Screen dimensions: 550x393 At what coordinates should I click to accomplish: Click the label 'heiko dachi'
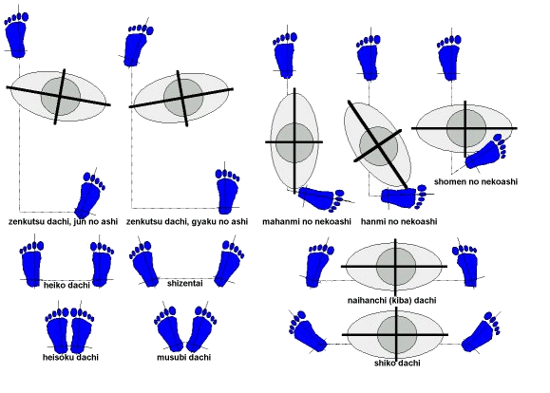[x=66, y=285]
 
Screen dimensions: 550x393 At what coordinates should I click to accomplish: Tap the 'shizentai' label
[x=185, y=283]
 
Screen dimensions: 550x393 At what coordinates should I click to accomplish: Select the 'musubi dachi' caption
[x=183, y=357]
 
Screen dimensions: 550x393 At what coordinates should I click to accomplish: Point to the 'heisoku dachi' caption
[x=70, y=357]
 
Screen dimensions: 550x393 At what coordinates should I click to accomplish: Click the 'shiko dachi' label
[x=397, y=363]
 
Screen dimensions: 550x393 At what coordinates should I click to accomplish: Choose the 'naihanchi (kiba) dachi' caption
[x=391, y=301]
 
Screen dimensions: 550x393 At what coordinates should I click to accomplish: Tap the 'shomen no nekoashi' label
[x=476, y=181]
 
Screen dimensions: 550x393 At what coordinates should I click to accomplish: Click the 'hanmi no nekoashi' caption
[x=399, y=221]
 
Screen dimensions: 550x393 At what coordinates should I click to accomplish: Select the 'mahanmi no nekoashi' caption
[x=307, y=221]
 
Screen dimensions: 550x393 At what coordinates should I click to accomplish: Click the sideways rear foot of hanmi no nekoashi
[x=404, y=197]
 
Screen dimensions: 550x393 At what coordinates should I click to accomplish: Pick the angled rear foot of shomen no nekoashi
[x=485, y=152]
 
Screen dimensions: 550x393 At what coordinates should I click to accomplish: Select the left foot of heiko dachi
[x=32, y=264]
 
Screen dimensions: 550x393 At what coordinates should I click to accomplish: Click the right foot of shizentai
[x=229, y=264]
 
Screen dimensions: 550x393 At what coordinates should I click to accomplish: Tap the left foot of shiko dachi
[x=307, y=331]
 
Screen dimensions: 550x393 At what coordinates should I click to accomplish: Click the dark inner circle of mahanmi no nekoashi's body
[x=294, y=142]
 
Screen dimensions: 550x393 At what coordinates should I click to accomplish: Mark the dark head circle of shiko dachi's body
[x=397, y=335]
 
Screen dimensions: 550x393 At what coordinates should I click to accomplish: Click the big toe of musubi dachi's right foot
[x=199, y=311]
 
